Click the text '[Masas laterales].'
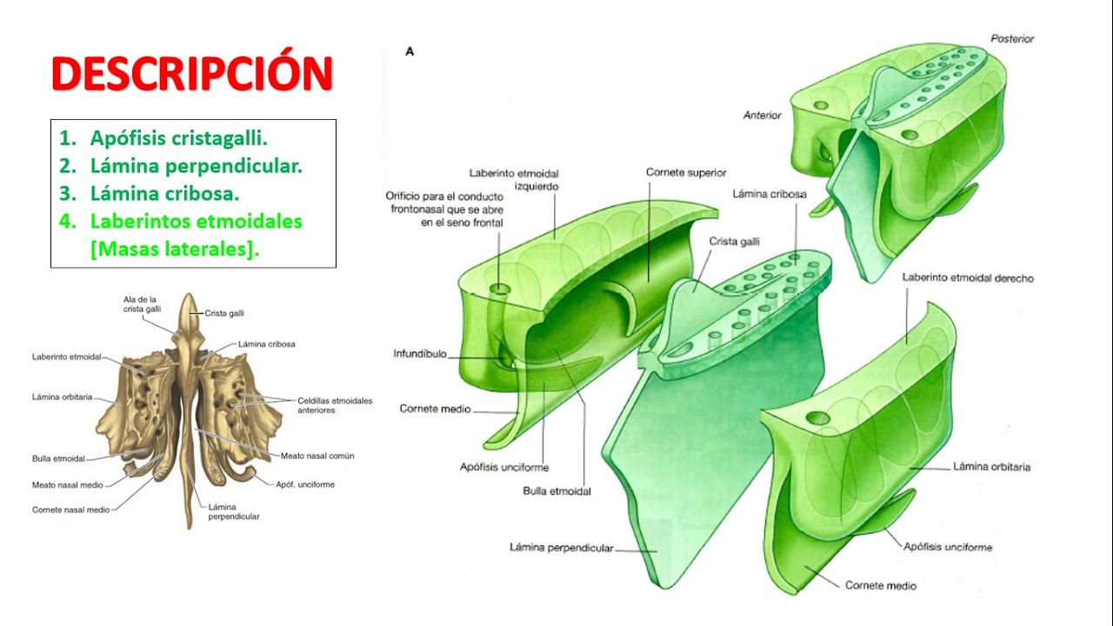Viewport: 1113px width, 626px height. [x=175, y=249]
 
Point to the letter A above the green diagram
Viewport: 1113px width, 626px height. [x=410, y=51]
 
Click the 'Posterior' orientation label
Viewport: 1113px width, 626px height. [x=1012, y=39]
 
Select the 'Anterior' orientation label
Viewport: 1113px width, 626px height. [x=763, y=116]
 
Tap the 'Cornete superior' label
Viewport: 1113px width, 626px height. [x=686, y=172]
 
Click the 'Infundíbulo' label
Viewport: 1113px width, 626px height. [x=420, y=354]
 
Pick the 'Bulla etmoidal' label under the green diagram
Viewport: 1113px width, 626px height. [x=557, y=491]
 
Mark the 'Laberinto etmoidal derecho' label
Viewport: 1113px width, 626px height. [x=968, y=277]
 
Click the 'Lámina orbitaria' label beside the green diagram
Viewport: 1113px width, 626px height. [x=992, y=467]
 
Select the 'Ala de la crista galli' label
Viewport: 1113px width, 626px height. [x=142, y=304]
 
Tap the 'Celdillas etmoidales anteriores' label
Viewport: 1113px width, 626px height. [x=335, y=405]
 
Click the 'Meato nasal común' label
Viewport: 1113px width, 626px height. [x=317, y=456]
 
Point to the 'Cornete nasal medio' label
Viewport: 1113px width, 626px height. [x=71, y=509]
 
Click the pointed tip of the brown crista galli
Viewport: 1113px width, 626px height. [x=190, y=294]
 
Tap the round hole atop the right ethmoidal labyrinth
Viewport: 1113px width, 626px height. [x=818, y=418]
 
